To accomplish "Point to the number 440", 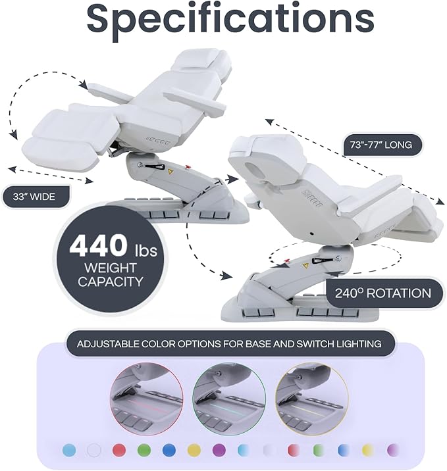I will pyautogui.click(x=99, y=246).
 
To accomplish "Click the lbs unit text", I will pyautogui.click(x=145, y=251).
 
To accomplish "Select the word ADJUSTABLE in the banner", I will pyautogui.click(x=107, y=343).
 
